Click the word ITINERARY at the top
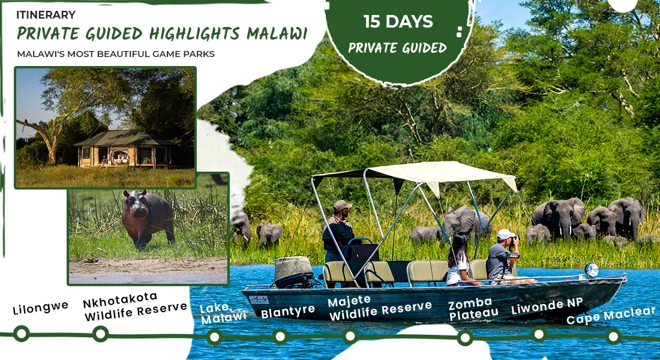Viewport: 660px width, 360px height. pos(46,14)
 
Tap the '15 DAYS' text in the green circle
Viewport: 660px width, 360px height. pos(398,22)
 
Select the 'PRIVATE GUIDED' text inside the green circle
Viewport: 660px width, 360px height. pos(397,47)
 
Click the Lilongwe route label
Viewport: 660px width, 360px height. pos(40,308)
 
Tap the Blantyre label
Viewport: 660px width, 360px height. pos(288,311)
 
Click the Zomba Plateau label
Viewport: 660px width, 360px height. pos(473,308)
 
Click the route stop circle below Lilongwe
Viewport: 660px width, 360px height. pos(22,334)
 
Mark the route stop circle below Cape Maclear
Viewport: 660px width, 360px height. pos(613,336)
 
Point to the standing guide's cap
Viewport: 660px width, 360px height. pos(342,205)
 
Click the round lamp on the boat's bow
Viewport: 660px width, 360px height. pos(592,270)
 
